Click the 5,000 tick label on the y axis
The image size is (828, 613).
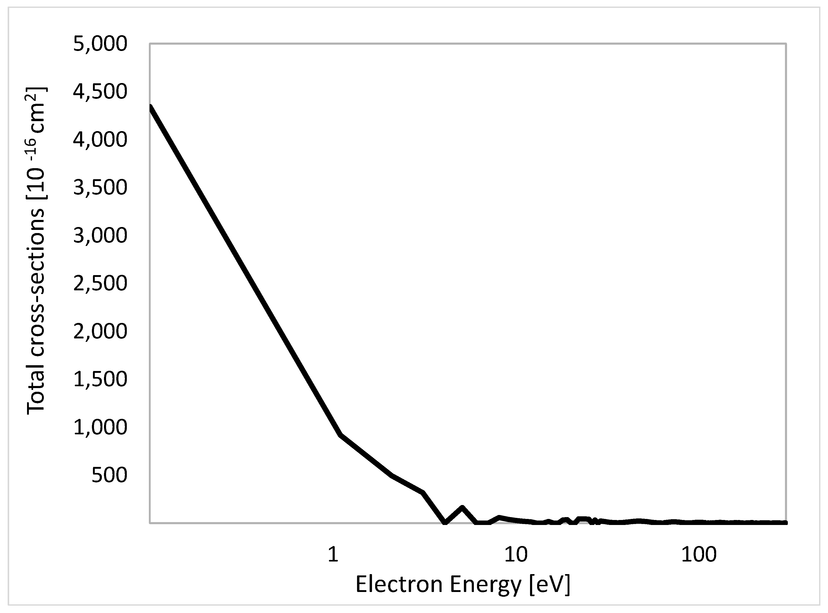[x=100, y=44]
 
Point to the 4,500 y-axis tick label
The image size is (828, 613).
[x=100, y=92]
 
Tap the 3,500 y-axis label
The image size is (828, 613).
[x=100, y=188]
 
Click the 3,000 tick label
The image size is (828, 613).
[x=100, y=236]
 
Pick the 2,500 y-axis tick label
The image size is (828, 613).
[x=100, y=284]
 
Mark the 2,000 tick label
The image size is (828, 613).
[x=100, y=331]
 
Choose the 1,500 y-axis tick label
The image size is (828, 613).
[x=100, y=379]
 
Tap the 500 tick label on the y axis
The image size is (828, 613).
[x=109, y=475]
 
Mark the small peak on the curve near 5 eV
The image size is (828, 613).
[x=462, y=507]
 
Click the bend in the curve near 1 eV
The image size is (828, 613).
[x=340, y=435]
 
